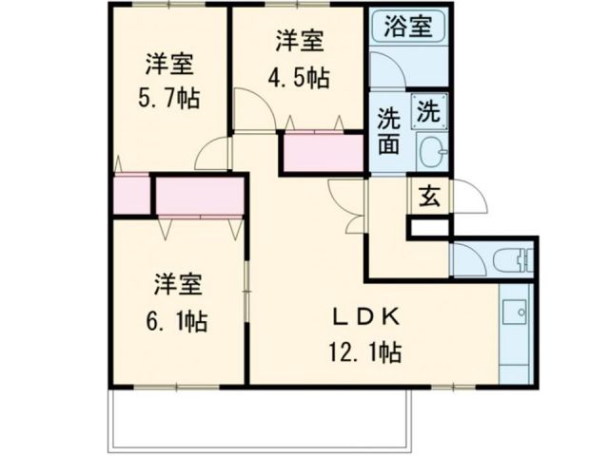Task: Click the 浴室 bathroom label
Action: [x=408, y=26]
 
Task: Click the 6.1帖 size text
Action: [x=178, y=321]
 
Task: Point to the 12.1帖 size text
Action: [x=366, y=352]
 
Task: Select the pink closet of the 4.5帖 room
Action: [x=322, y=153]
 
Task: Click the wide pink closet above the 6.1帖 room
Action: [x=200, y=197]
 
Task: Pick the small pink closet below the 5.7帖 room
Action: [x=129, y=195]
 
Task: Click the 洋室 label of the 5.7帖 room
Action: [x=170, y=65]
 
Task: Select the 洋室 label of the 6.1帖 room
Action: [x=178, y=284]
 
